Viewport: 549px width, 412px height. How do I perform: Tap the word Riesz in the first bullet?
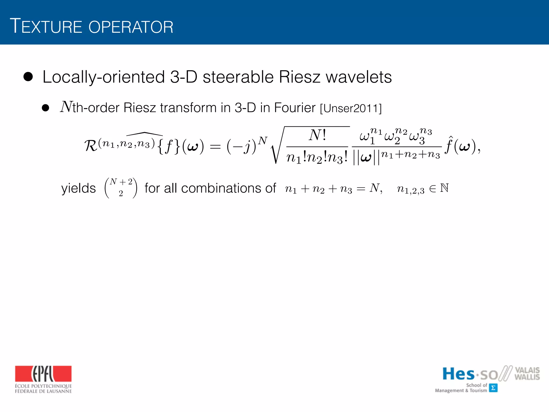pos(299,77)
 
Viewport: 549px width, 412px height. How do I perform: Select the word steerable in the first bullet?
pos(238,77)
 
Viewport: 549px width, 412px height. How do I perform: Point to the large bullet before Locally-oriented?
pos(28,77)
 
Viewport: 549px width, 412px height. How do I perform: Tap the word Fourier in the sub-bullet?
pos(295,108)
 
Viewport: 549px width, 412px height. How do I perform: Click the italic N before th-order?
pos(66,107)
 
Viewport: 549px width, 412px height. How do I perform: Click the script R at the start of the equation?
pos(91,146)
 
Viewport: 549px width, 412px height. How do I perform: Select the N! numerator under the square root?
pos(317,135)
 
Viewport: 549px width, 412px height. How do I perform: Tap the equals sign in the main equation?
pos(215,147)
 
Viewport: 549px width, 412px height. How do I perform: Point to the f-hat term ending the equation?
pos(449,145)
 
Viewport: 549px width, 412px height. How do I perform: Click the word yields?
pos(79,188)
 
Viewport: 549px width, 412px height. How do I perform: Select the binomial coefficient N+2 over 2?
pos(121,188)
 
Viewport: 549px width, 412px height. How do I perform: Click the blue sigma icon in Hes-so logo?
pos(493,388)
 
